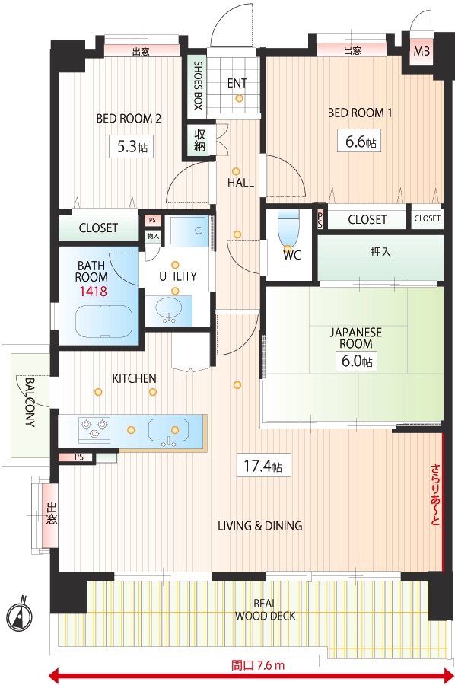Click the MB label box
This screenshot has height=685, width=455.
click(x=422, y=51)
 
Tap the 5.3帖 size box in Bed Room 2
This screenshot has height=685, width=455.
click(x=132, y=147)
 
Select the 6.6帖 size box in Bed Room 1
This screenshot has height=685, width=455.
click(x=359, y=141)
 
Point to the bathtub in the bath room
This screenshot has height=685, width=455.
click(x=103, y=320)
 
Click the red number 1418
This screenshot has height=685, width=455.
click(x=93, y=292)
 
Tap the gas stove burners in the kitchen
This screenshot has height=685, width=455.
click(x=94, y=428)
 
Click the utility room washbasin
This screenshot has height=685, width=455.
click(x=169, y=309)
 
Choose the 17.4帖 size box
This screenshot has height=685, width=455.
click(x=263, y=465)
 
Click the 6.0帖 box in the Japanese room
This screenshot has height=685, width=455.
click(x=356, y=361)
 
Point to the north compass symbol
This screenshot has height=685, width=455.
click(x=20, y=616)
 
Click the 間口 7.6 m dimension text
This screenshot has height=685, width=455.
click(x=258, y=666)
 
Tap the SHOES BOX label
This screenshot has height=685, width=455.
click(x=198, y=84)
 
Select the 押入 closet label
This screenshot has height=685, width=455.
click(x=380, y=252)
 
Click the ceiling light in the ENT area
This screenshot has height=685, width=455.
click(x=239, y=98)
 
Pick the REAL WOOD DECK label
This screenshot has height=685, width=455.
click(x=265, y=610)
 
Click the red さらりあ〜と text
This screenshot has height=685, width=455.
click(x=435, y=494)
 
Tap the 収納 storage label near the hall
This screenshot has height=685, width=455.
click(x=199, y=140)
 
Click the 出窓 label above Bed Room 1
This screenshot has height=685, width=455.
click(x=352, y=51)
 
